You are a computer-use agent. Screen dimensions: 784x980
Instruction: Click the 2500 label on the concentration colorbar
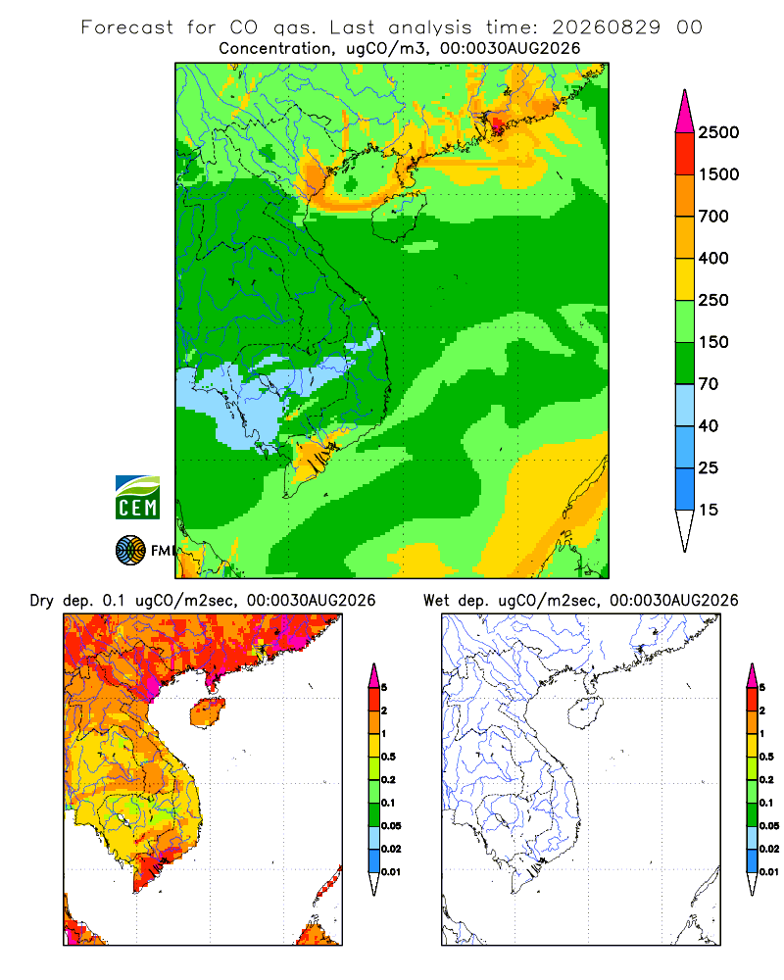point(718,132)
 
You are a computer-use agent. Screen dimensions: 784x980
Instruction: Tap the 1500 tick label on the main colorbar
point(718,174)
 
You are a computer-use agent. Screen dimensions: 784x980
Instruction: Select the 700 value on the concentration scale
point(713,217)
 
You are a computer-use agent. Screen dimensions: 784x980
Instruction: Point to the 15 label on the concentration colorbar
point(709,510)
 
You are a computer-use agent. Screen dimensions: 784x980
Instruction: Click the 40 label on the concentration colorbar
point(709,425)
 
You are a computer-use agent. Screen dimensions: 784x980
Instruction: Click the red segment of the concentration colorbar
point(685,154)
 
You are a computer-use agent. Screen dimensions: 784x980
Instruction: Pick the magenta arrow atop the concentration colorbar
point(685,112)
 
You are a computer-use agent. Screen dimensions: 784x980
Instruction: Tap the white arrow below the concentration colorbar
point(685,530)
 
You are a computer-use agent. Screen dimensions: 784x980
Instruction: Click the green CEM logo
point(137,498)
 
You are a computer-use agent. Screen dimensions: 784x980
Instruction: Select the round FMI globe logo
point(130,551)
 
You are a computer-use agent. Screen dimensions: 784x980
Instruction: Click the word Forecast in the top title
point(127,27)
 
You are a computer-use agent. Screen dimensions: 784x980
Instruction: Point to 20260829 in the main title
point(606,27)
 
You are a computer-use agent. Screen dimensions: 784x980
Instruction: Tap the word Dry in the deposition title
point(42,601)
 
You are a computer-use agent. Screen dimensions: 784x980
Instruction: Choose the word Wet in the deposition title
point(436,601)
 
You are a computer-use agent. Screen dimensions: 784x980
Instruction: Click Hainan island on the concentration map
point(398,216)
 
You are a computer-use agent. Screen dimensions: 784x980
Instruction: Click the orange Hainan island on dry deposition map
point(208,712)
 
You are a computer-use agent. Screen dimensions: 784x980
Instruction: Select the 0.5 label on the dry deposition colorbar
point(388,757)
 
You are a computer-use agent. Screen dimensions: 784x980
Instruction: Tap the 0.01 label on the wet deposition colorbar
point(769,871)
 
